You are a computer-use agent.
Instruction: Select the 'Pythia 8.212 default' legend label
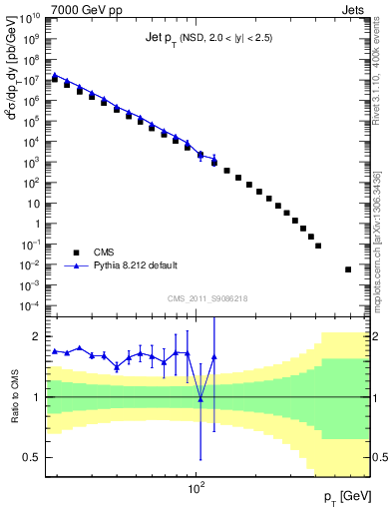click(x=144, y=266)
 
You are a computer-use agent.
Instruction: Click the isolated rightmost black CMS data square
click(x=348, y=269)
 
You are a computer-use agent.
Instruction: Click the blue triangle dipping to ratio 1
click(x=200, y=399)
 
